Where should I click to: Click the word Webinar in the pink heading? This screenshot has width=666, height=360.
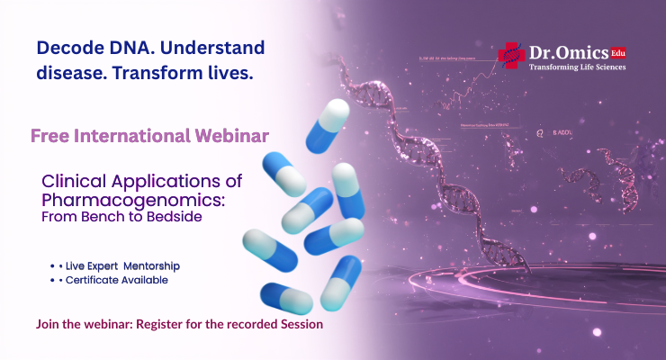coord(237,136)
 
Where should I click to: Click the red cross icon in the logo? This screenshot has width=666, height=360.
coord(510,55)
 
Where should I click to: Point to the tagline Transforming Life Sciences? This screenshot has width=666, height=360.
coord(577,67)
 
